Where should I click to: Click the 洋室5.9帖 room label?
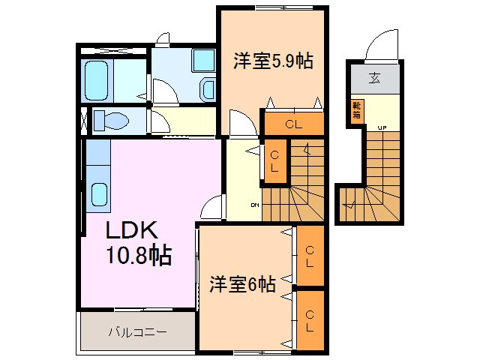click(272, 61)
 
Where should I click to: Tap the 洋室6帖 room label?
click(241, 284)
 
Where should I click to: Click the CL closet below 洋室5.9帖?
click(292, 124)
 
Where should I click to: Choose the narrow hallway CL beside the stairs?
click(275, 161)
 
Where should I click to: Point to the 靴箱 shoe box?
click(357, 110)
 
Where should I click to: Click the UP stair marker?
click(382, 127)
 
